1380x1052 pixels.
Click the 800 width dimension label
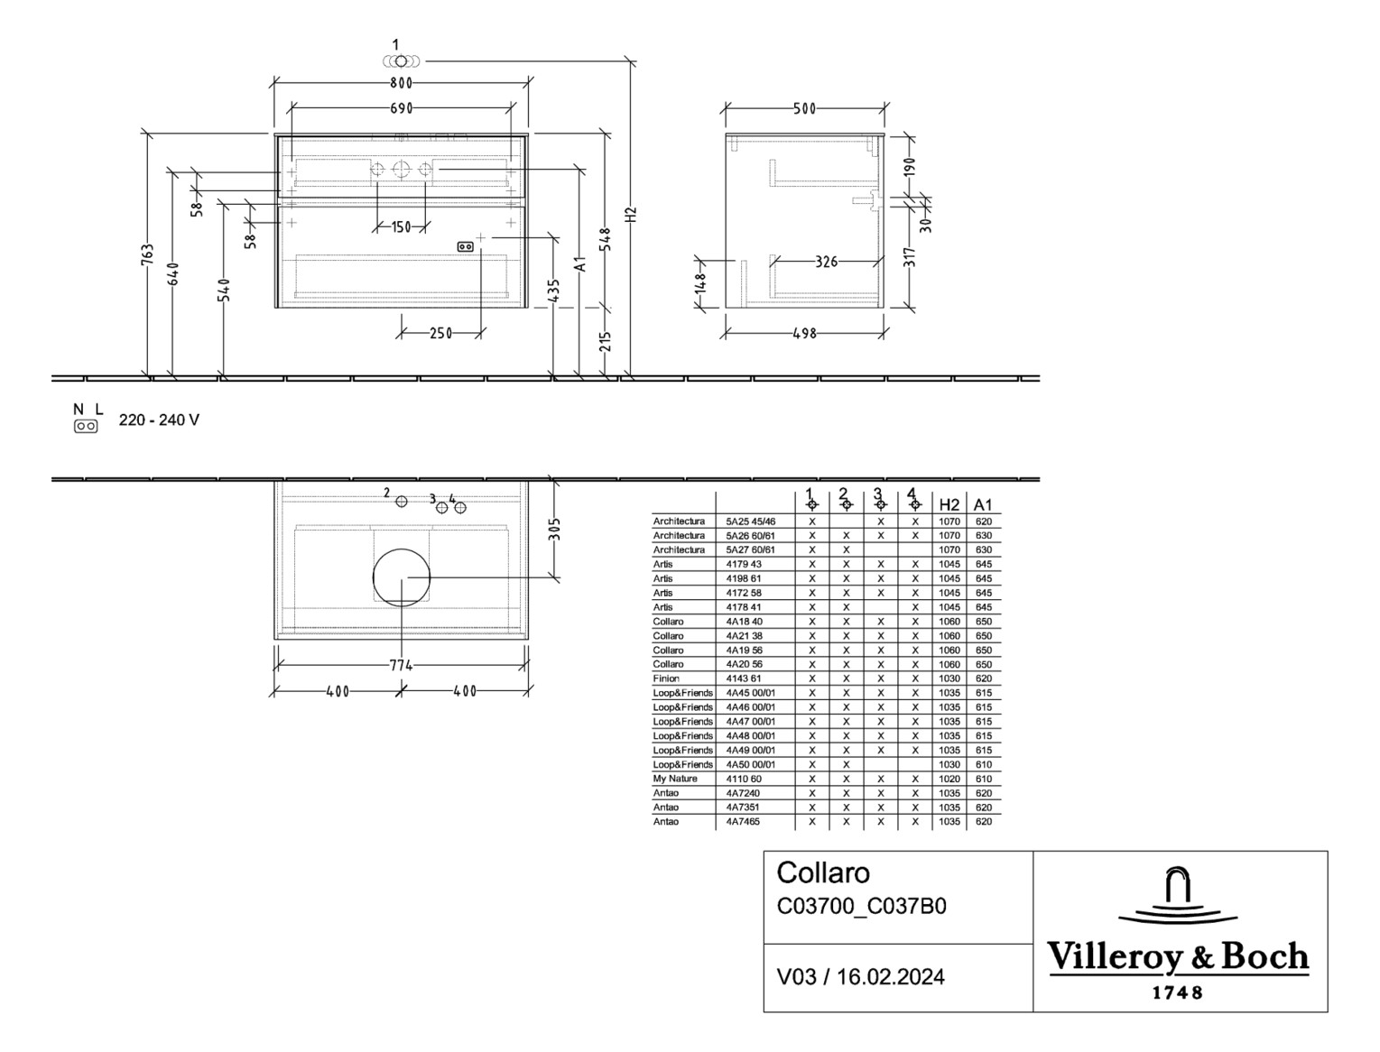[401, 84]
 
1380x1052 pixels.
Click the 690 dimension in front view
[401, 108]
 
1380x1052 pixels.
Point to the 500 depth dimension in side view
[803, 109]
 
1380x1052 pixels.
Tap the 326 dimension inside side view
[826, 262]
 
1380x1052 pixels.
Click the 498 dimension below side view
[803, 334]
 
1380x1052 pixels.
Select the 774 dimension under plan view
[401, 666]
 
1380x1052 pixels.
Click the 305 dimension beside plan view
[554, 529]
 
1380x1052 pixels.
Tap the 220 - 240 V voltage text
[159, 420]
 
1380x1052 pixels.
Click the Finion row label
[666, 678]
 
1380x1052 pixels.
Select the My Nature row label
[675, 779]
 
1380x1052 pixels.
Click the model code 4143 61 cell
[744, 678]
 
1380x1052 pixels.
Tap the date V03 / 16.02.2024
[860, 977]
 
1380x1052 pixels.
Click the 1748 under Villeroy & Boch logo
[1178, 992]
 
